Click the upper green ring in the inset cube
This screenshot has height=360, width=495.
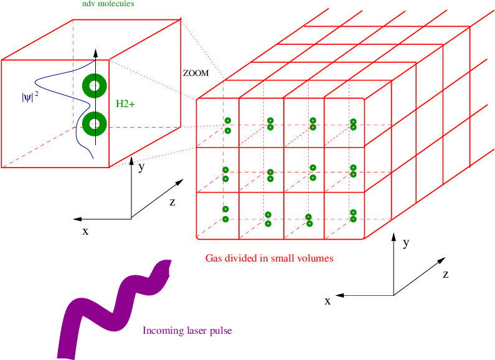pos(94,87)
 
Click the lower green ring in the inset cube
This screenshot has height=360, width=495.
pos(94,123)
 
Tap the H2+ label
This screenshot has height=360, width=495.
pos(125,103)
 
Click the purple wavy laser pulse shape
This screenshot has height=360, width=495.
pos(112,305)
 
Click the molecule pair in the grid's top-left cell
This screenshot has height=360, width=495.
pos(228,125)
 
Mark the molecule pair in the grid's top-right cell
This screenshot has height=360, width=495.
pos(353,125)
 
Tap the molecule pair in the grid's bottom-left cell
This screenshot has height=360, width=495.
pos(226,214)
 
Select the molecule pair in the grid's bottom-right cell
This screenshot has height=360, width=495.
pos(353,216)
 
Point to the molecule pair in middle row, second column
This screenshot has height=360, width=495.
pos(270,175)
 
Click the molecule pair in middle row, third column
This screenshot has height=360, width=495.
pos(313,172)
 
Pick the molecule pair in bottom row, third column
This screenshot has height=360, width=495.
pos(308,220)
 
